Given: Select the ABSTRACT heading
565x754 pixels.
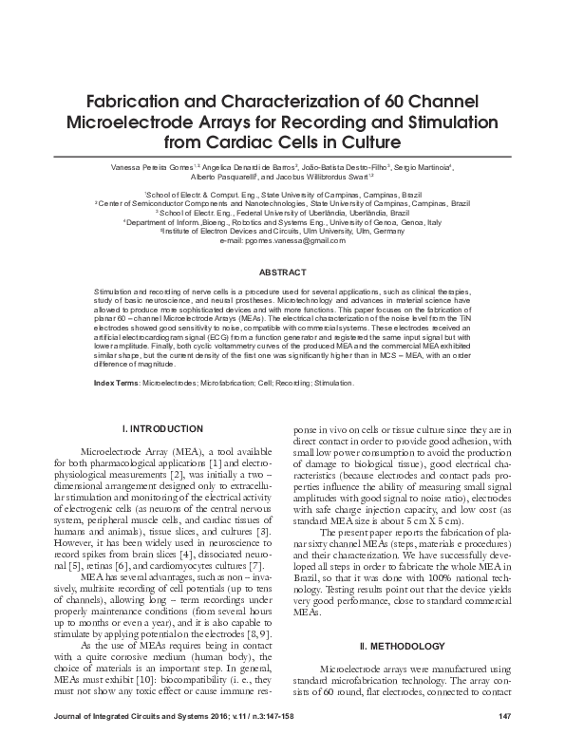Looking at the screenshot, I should (x=282, y=272).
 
